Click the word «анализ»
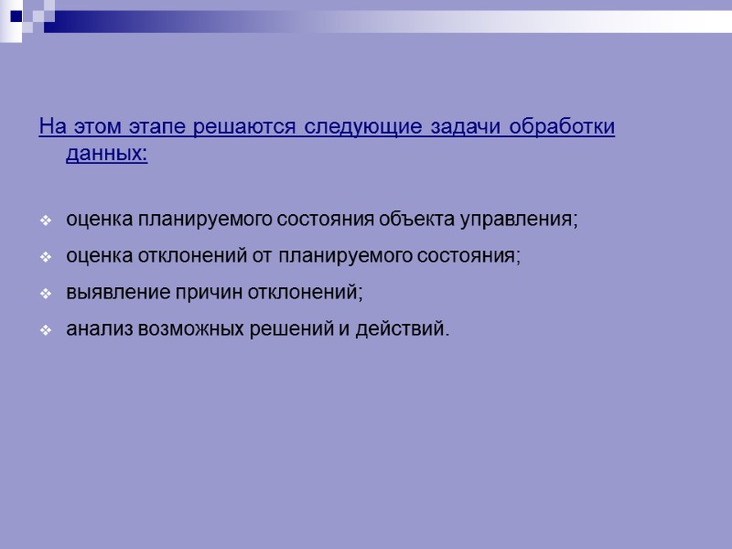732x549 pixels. point(99,328)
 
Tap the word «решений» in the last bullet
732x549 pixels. point(291,328)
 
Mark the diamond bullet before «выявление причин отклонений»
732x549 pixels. point(46,294)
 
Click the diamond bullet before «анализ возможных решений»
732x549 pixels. point(46,329)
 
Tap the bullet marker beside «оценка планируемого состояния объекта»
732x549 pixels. point(46,222)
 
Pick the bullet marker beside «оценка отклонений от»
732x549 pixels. point(46,258)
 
